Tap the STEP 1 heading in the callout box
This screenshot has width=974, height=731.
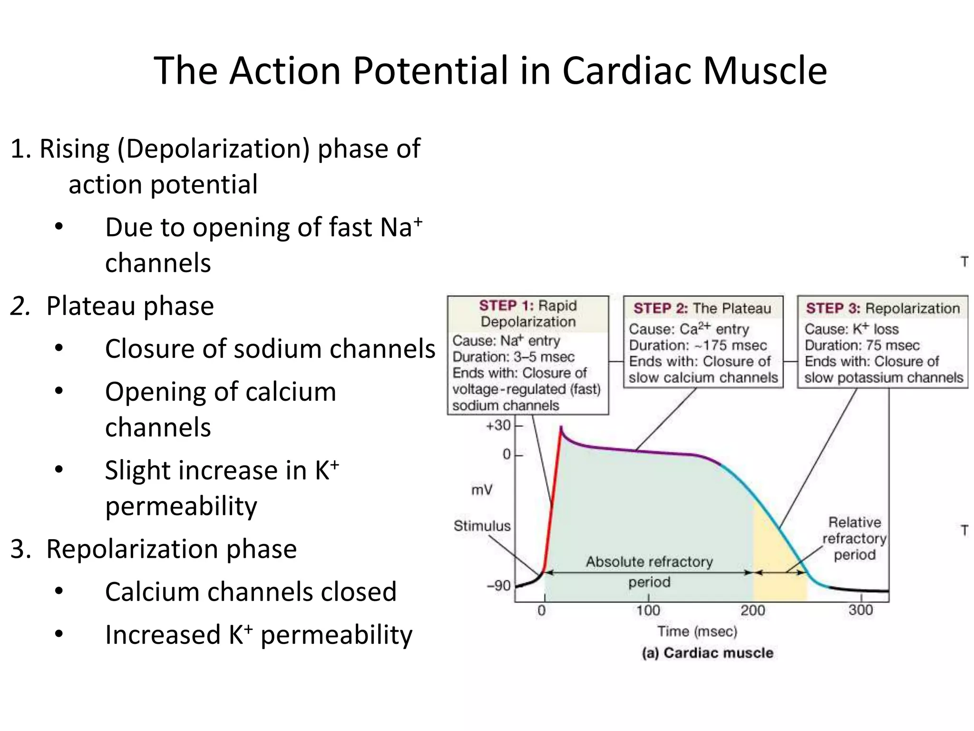(507, 306)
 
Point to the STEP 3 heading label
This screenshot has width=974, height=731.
(833, 308)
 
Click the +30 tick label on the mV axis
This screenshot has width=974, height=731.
(498, 425)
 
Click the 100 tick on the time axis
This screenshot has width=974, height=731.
(648, 610)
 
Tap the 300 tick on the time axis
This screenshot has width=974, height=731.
(860, 610)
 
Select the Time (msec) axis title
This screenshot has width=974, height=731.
(697, 632)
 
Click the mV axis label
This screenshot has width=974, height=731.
(482, 490)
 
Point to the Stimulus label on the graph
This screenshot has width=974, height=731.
(482, 526)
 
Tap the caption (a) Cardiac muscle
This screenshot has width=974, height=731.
(707, 653)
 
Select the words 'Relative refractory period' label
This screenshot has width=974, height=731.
(854, 538)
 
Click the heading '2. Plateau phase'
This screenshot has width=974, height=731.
(112, 306)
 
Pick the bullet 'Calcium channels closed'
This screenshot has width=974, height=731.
(251, 592)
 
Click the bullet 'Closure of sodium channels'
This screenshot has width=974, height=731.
(270, 349)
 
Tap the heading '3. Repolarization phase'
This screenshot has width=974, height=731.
(154, 549)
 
